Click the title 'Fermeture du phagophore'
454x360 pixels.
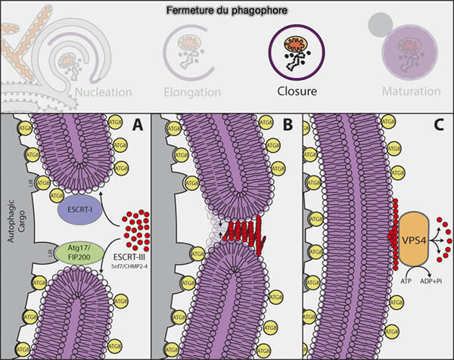[x=226, y=9]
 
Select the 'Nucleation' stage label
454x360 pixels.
[x=104, y=92]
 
